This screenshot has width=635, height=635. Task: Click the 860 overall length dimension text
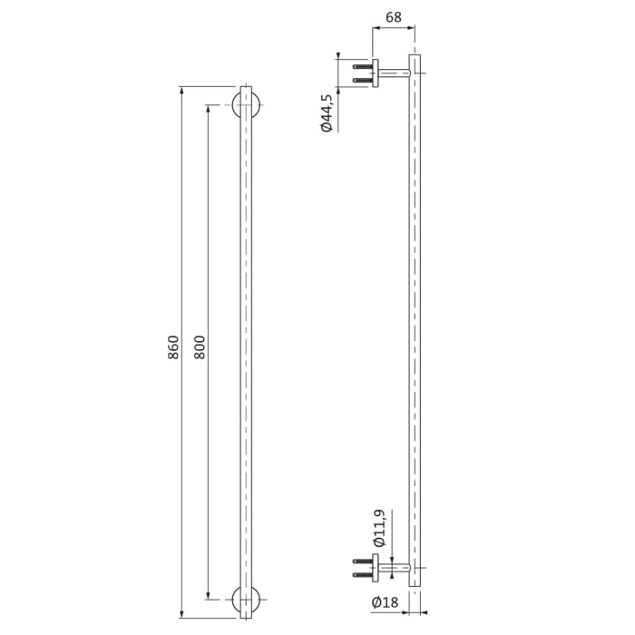click(x=173, y=348)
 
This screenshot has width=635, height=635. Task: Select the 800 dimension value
click(x=200, y=348)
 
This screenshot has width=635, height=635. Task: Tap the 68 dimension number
click(x=394, y=17)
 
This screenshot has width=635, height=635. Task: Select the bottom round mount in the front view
click(x=245, y=600)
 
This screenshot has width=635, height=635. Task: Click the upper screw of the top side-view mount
click(x=363, y=66)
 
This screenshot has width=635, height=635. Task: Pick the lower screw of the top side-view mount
click(x=363, y=82)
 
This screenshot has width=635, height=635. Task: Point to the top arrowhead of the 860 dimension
click(x=181, y=91)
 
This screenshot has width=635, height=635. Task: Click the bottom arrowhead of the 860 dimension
click(x=181, y=614)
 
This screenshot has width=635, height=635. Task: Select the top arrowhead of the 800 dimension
click(x=209, y=109)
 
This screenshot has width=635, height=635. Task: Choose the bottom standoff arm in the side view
click(x=394, y=570)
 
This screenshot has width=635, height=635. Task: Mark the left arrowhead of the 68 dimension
click(x=376, y=28)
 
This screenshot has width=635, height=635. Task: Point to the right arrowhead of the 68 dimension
click(x=415, y=28)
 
